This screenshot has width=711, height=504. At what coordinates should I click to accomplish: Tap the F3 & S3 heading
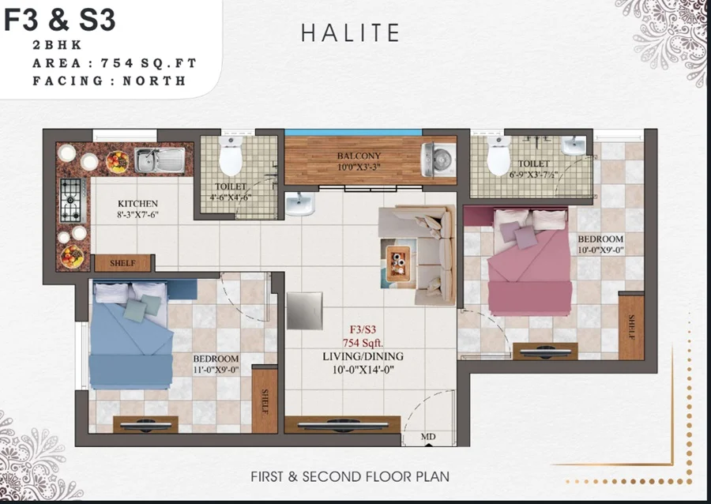click(x=59, y=20)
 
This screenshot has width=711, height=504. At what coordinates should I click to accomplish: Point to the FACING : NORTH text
click(x=109, y=81)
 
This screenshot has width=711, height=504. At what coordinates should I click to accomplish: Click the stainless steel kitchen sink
click(x=159, y=160)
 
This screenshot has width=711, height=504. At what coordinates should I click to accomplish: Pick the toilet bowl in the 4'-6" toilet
click(x=231, y=158)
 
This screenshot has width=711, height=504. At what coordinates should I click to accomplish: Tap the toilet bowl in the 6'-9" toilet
click(x=498, y=156)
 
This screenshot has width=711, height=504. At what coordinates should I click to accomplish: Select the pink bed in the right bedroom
click(x=527, y=265)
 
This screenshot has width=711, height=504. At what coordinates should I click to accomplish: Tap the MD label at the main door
click(x=428, y=436)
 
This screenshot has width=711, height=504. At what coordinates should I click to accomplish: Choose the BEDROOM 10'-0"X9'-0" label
click(x=600, y=244)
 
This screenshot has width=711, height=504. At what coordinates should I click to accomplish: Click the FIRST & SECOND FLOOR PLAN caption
click(x=350, y=476)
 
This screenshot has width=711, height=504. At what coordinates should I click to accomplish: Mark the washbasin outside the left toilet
click(x=299, y=204)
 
